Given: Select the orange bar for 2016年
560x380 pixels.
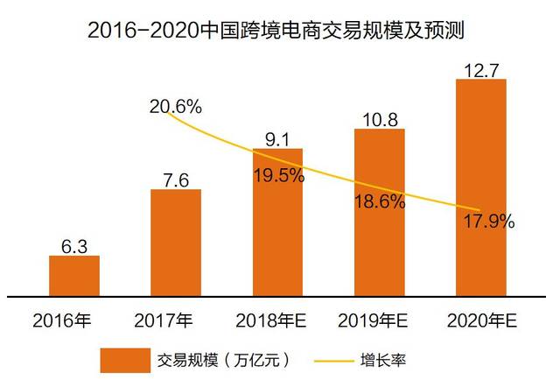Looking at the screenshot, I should tap(73, 275).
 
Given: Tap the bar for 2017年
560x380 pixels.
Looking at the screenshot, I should tap(175, 242).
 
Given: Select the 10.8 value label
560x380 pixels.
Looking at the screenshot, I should tap(379, 116).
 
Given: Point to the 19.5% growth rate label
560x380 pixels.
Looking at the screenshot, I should tap(278, 174).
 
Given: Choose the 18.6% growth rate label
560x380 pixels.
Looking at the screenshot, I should tap(379, 202).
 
